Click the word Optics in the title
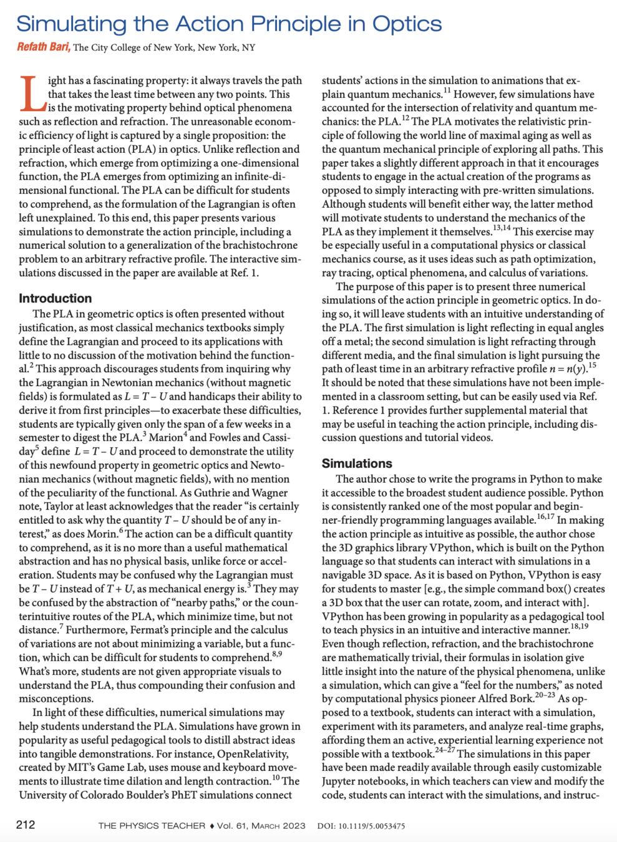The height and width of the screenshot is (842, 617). tap(407, 24)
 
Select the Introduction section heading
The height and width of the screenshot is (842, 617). tap(55, 298)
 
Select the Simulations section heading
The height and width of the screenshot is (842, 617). tap(357, 463)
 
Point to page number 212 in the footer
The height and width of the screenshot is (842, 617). tap(26, 825)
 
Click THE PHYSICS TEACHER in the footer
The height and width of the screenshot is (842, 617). tap(152, 826)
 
